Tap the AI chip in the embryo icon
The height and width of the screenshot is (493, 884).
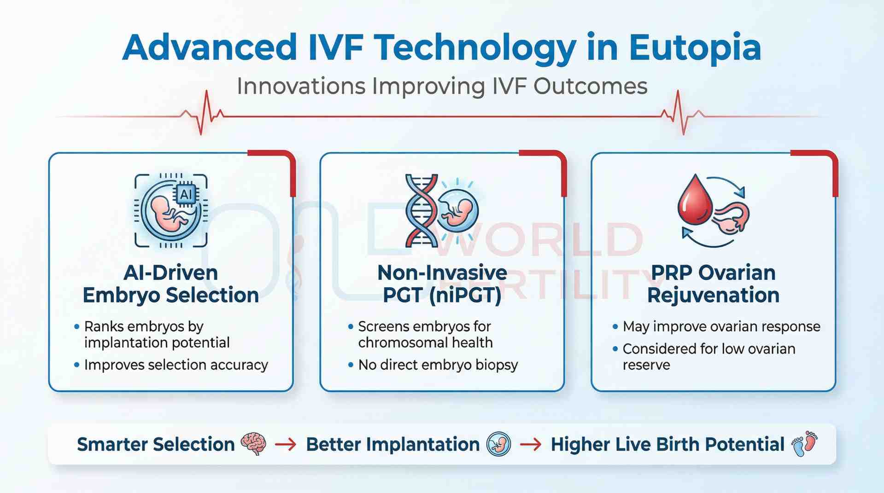click(186, 194)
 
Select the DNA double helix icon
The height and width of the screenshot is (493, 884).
click(421, 210)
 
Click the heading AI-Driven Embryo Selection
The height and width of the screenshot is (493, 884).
click(170, 284)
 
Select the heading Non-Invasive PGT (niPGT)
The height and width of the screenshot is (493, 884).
click(442, 284)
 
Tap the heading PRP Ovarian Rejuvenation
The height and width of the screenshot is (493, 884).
click(713, 284)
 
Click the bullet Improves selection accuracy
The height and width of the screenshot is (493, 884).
click(176, 365)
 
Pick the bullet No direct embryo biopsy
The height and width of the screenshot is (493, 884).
click(438, 365)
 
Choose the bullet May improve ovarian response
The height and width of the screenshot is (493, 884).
click(721, 327)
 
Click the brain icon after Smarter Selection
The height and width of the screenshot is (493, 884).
click(254, 444)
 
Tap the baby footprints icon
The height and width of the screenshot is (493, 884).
click(804, 444)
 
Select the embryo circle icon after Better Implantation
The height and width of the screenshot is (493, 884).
click(499, 444)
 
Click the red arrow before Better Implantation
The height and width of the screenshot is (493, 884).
click(286, 444)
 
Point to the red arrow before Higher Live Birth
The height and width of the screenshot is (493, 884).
click(531, 444)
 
